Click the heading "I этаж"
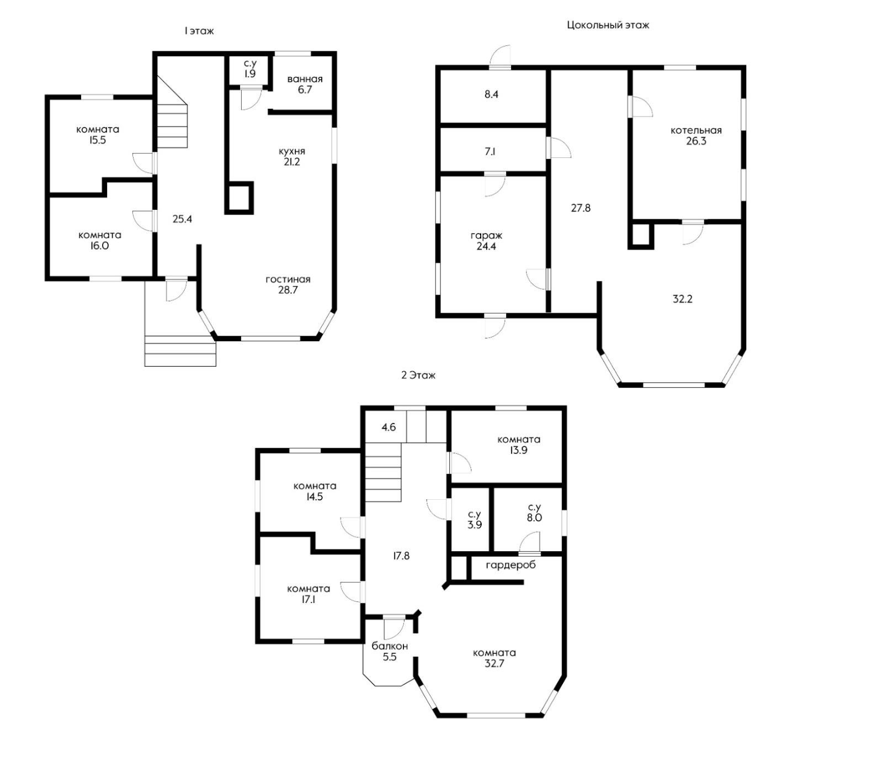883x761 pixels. pyautogui.click(x=199, y=31)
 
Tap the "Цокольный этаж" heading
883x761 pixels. pyautogui.click(x=608, y=25)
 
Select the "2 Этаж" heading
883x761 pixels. pyautogui.click(x=418, y=375)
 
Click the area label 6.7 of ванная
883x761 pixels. pyautogui.click(x=305, y=89)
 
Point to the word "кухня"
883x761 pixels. pyautogui.click(x=291, y=151)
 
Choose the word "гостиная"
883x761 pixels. pyautogui.click(x=288, y=279)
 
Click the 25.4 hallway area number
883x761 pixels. pyautogui.click(x=182, y=219)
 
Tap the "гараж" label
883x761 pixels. pyautogui.click(x=486, y=236)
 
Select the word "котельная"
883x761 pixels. pyautogui.click(x=696, y=130)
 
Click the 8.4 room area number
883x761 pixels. pyautogui.click(x=491, y=94)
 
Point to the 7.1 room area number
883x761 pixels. pyautogui.click(x=490, y=151)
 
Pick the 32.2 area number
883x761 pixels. pyautogui.click(x=682, y=299)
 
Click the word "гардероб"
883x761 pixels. pyautogui.click(x=510, y=565)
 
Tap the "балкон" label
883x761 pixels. pyautogui.click(x=390, y=646)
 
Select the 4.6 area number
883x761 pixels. pyautogui.click(x=389, y=427)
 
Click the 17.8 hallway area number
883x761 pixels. pyautogui.click(x=401, y=556)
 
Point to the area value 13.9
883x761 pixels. pyautogui.click(x=519, y=450)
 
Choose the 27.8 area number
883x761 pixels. pyautogui.click(x=581, y=208)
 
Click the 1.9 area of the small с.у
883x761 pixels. pyautogui.click(x=249, y=74)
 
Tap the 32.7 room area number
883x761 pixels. pyautogui.click(x=494, y=664)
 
